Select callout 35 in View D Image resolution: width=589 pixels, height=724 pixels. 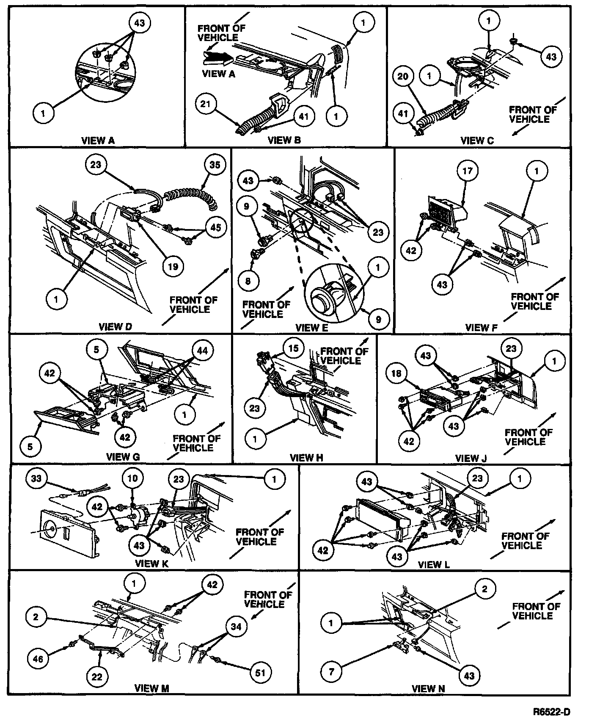pos(215,165)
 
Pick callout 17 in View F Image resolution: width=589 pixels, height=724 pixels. pos(468,171)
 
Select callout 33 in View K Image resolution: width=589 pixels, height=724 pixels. pos(37,479)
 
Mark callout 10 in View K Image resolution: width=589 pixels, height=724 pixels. pos(133,479)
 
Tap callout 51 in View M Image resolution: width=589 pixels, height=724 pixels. pos(261,672)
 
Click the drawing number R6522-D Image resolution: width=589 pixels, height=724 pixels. pos(551,711)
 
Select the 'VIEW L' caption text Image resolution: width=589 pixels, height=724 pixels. pos(434,564)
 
